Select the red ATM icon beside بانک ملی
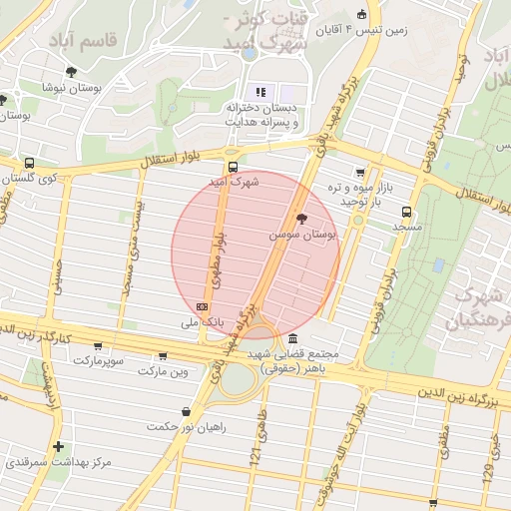pyautogui.click(x=203, y=306)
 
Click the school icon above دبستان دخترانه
pyautogui.click(x=262, y=92)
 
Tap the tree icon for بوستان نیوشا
pyautogui.click(x=71, y=71)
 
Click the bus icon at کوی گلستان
pyautogui.click(x=29, y=162)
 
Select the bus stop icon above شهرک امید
pyautogui.click(x=233, y=167)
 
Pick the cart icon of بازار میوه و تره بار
pyautogui.click(x=359, y=173)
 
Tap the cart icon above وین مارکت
pyautogui.click(x=162, y=355)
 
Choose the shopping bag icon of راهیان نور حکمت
pyautogui.click(x=186, y=411)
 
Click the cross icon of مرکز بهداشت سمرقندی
pyautogui.click(x=59, y=446)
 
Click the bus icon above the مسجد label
pyautogui.click(x=405, y=212)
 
